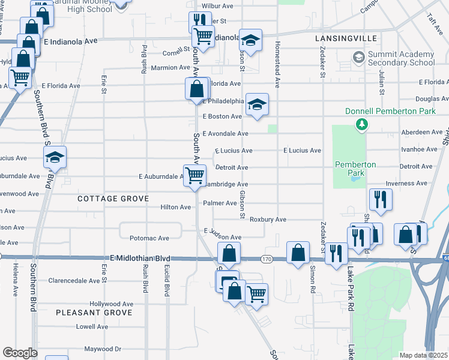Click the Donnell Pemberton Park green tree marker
[361, 124]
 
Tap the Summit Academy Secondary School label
[401, 58]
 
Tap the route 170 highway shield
[267, 259]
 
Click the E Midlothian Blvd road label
[136, 258]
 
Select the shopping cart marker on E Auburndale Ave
[194, 176]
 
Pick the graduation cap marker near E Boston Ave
[257, 104]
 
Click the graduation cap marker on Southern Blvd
[55, 157]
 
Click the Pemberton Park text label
[355, 169]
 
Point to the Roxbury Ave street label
[268, 220]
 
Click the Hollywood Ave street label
[111, 304]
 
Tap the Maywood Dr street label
[103, 349]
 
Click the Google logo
[20, 353]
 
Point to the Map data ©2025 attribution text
[423, 355]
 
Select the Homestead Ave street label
[277, 66]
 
